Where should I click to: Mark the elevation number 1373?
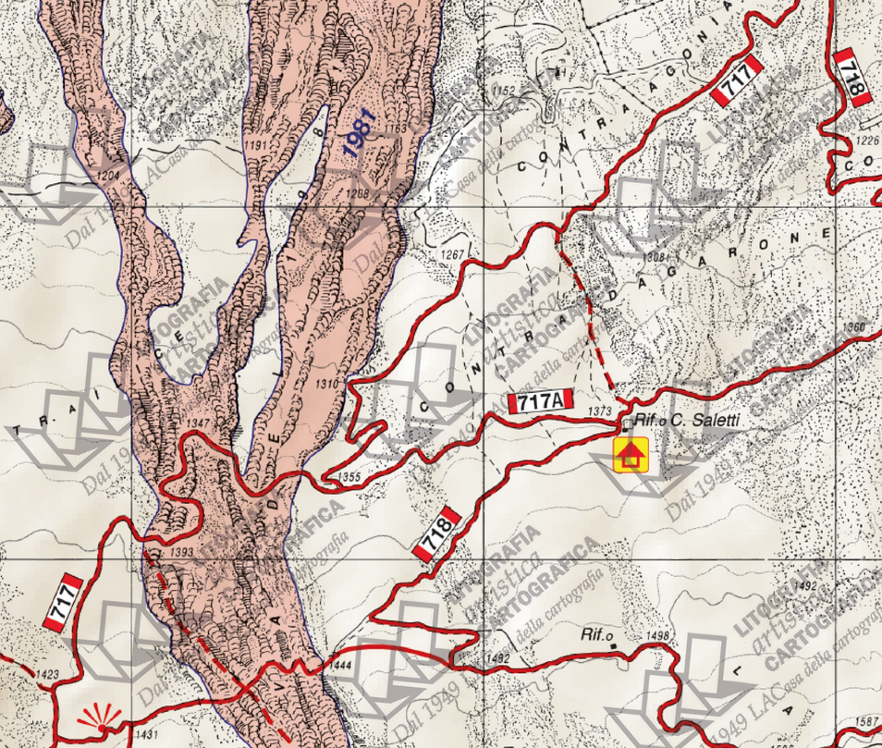[x=600, y=410]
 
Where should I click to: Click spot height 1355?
[x=349, y=477]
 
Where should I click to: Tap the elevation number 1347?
[x=198, y=423]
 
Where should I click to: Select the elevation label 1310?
[x=327, y=382]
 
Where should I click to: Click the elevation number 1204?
[x=109, y=175]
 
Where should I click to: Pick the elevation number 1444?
[x=340, y=665]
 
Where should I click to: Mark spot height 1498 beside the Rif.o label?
[x=657, y=636]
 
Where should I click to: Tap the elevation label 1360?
[x=855, y=327]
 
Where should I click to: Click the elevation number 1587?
[x=867, y=720]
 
